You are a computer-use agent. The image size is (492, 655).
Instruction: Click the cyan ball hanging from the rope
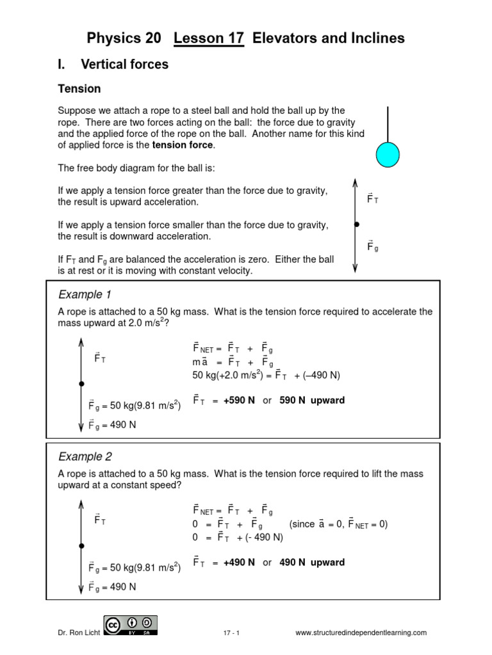pyautogui.click(x=387, y=155)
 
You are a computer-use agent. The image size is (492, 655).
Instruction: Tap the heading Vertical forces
pyautogui.click(x=124, y=64)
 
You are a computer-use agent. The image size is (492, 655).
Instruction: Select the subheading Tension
pyautogui.click(x=79, y=89)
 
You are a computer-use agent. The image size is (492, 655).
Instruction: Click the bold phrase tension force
pyautogui.click(x=183, y=145)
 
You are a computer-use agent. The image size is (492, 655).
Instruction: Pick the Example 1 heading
pyautogui.click(x=85, y=294)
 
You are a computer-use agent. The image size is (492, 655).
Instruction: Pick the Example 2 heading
pyautogui.click(x=85, y=457)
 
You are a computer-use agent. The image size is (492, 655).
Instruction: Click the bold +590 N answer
pyautogui.click(x=239, y=400)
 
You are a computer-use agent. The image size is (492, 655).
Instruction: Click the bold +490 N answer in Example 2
pyautogui.click(x=239, y=563)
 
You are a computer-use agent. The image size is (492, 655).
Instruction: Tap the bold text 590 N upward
pyautogui.click(x=312, y=400)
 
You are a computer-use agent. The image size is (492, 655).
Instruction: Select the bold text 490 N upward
pyautogui.click(x=312, y=563)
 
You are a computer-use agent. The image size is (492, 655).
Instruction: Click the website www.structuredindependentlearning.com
pyautogui.click(x=361, y=633)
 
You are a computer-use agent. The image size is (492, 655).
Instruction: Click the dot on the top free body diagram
pyautogui.click(x=356, y=225)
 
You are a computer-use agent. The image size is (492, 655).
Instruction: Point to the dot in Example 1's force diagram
pyautogui.click(x=81, y=384)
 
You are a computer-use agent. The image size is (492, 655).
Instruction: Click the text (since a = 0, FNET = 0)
pyautogui.click(x=338, y=525)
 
